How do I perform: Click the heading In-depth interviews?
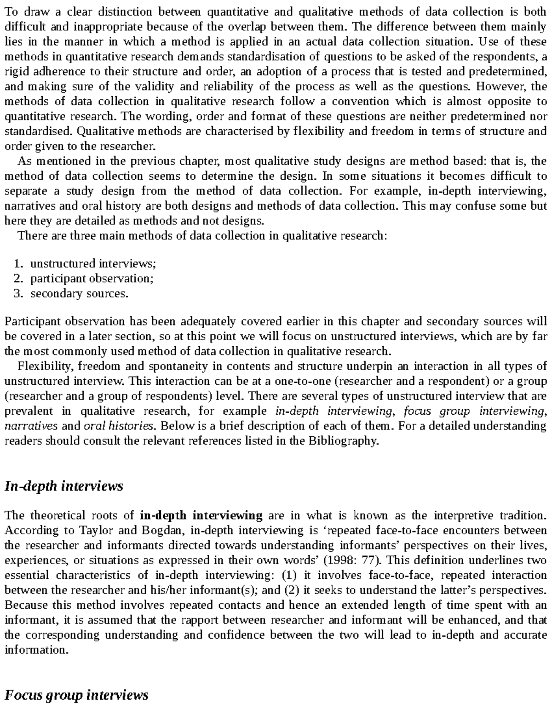pyautogui.click(x=63, y=486)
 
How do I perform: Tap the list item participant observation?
pyautogui.click(x=92, y=279)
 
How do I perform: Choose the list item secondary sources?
pyautogui.click(x=79, y=294)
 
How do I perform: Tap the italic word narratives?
pyautogui.click(x=31, y=426)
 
